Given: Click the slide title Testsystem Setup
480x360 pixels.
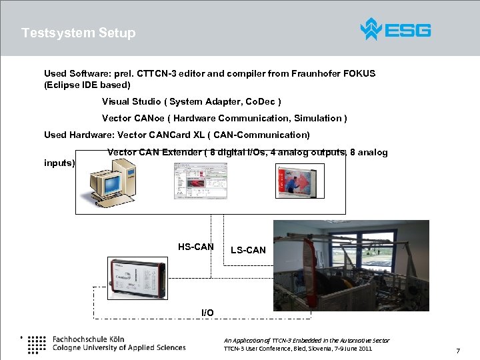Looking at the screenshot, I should [78, 33].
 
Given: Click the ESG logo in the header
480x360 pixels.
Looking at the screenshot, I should [395, 29].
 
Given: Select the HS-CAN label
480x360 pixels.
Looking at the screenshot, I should [195, 247].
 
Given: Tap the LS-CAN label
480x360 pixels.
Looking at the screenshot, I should [248, 250].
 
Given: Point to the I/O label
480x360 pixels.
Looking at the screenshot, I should [207, 313].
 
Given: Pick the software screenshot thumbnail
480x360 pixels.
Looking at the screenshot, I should [200, 181].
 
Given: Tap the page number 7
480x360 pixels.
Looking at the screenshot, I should [458, 351].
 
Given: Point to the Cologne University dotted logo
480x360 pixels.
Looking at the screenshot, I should [37, 343].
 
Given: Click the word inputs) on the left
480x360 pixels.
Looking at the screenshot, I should [59, 163].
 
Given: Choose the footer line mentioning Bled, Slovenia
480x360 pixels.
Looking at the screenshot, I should [297, 349].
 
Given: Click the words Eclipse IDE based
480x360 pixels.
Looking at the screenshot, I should [87, 85].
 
